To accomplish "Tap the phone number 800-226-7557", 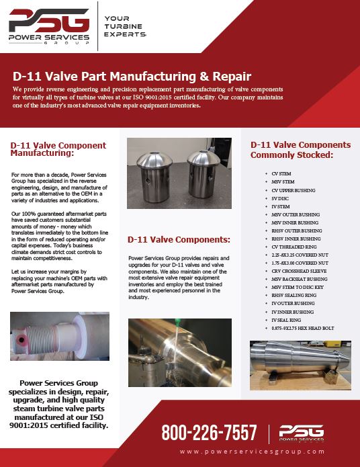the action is [x=210, y=432].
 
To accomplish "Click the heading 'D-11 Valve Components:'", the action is [x=179, y=239].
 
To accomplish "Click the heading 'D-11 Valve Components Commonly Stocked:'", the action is [x=300, y=149].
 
